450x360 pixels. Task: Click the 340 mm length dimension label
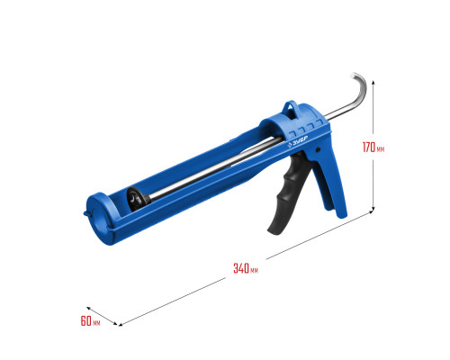246,268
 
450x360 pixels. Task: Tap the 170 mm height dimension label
373,148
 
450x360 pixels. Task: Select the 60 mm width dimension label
90,321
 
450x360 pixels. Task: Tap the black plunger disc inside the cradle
137,198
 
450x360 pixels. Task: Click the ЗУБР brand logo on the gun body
298,141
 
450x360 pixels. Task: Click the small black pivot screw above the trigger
318,148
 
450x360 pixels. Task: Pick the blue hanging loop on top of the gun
291,107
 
